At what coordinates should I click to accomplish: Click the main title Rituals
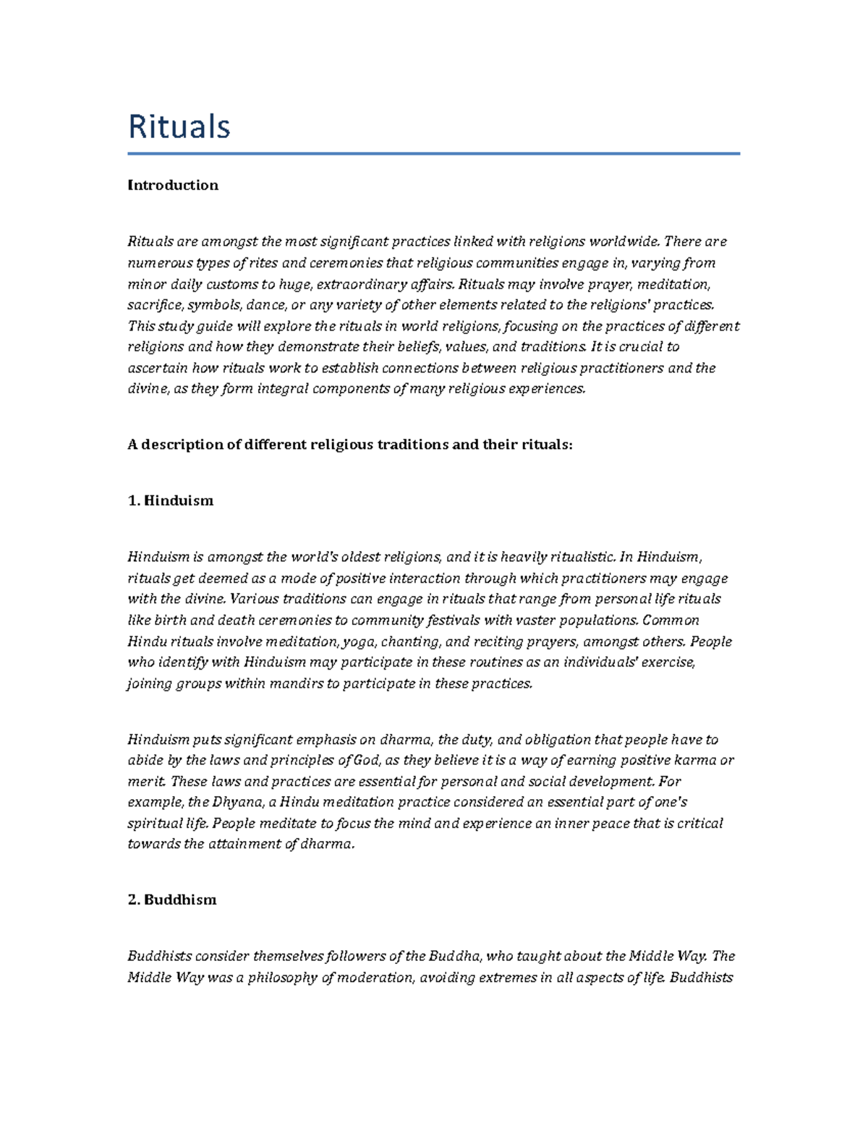coord(179,127)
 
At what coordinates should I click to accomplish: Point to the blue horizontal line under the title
coord(433,153)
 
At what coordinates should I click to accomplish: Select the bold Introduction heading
coord(172,185)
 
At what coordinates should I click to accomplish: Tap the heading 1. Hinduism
coord(170,500)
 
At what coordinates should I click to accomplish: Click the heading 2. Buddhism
coord(171,900)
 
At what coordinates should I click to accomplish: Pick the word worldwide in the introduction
coord(623,242)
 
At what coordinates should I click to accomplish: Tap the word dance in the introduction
coord(266,304)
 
